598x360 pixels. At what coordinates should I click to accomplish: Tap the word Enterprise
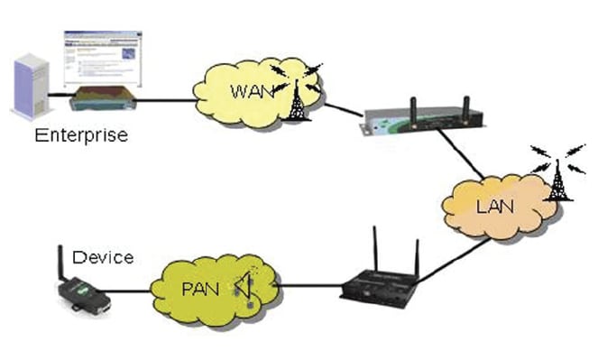click(81, 135)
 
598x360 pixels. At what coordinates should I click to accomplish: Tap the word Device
click(105, 257)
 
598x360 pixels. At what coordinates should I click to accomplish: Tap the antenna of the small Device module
click(60, 262)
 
